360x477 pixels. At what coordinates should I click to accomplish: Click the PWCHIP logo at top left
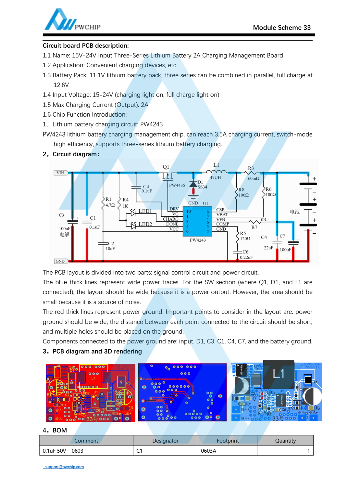click(72, 20)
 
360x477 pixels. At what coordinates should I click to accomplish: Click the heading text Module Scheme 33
click(281, 28)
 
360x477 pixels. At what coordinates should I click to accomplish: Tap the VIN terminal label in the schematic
click(60, 173)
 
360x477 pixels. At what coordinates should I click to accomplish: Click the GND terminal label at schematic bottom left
click(60, 261)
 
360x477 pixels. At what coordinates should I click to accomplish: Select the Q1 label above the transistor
click(166, 167)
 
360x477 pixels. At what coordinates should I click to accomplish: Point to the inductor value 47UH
click(215, 177)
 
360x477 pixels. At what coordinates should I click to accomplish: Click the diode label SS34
click(202, 187)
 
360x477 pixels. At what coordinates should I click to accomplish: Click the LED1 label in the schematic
click(145, 211)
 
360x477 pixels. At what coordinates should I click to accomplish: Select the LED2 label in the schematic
click(145, 224)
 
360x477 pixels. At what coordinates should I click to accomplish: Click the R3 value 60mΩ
click(254, 178)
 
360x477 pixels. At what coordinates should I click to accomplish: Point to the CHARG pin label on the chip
click(171, 219)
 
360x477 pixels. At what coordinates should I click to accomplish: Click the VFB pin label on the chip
click(221, 219)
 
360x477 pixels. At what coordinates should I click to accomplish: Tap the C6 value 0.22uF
click(246, 257)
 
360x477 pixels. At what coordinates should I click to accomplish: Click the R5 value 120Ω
click(245, 238)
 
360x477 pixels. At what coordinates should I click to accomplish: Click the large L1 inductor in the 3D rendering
click(279, 374)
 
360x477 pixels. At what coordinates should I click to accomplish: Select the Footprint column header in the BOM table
click(228, 441)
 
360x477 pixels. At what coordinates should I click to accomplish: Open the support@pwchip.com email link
click(64, 467)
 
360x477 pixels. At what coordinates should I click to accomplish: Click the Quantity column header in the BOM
click(285, 441)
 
